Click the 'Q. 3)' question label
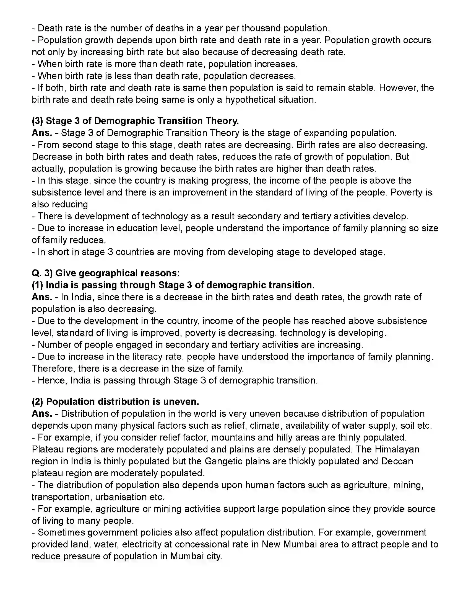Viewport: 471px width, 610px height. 42,273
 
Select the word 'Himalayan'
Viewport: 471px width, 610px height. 397,449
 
